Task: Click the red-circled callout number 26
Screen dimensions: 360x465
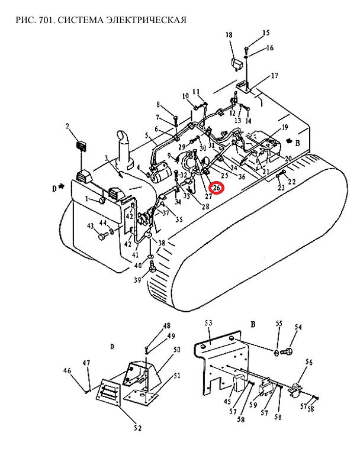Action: coord(217,188)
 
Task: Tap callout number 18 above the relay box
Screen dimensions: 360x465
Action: coord(229,35)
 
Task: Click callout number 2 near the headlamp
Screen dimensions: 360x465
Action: coord(67,127)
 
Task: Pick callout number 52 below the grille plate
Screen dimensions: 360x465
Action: coord(137,428)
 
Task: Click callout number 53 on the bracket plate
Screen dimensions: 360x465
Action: coord(208,322)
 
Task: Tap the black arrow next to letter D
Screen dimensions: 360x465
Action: coord(62,186)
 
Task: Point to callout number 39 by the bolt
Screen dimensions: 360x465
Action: coord(137,279)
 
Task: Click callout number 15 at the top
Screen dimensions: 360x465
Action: coord(266,33)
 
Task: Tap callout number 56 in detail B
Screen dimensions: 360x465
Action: coord(309,362)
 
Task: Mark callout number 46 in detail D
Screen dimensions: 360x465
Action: coord(67,370)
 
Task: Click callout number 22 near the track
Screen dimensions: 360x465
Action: coord(292,181)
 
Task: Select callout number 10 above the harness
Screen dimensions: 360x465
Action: coord(185,96)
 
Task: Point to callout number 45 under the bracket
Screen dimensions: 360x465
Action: coord(227,402)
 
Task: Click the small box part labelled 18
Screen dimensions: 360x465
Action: coord(237,64)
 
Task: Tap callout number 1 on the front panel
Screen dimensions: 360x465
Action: coord(87,199)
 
